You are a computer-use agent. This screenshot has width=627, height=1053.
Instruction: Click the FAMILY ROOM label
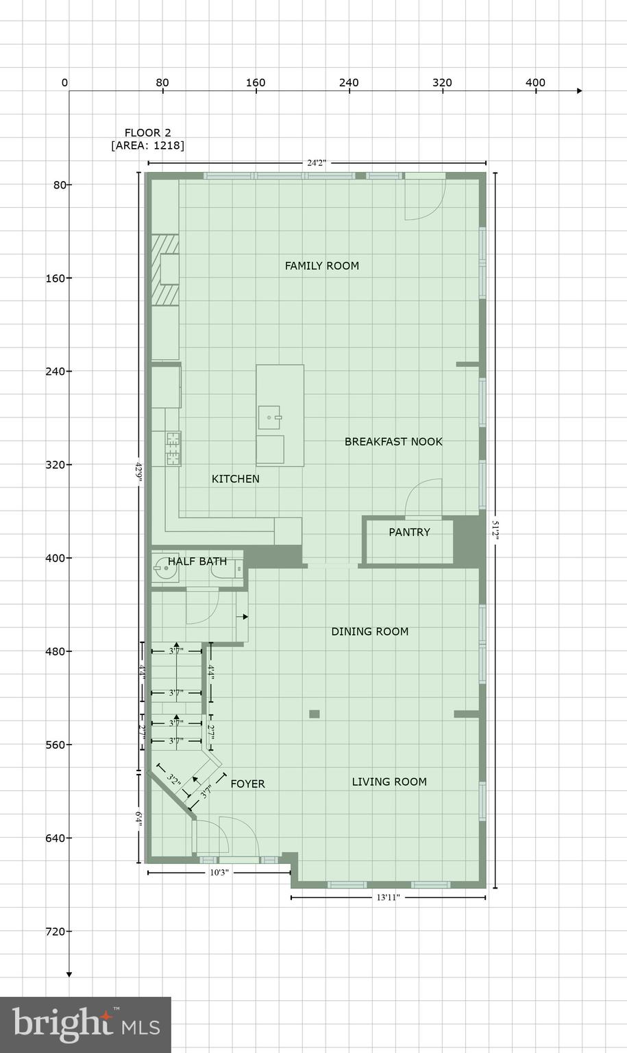click(321, 266)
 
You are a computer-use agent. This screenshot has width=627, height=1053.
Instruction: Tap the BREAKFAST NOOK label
click(393, 442)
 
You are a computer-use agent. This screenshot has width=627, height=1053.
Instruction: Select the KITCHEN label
click(235, 479)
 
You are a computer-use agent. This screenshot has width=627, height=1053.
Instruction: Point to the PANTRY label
click(409, 532)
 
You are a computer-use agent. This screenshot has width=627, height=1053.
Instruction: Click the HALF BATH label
click(197, 561)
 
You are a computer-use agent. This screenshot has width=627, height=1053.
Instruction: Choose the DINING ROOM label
click(369, 631)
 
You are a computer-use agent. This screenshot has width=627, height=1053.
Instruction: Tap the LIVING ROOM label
click(389, 782)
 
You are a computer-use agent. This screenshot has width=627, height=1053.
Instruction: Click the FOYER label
click(247, 784)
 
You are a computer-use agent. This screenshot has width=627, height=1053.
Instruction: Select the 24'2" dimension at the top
click(317, 163)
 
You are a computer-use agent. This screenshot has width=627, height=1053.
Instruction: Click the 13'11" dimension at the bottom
click(388, 897)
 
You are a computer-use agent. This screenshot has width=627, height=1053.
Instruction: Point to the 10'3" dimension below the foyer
click(219, 873)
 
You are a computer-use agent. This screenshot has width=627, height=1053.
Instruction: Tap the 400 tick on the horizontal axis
click(535, 84)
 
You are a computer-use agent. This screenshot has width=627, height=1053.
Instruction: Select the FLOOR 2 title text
click(147, 133)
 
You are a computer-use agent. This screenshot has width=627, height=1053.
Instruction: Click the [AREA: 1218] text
click(147, 145)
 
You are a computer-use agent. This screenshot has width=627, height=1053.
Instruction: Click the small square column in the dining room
click(315, 714)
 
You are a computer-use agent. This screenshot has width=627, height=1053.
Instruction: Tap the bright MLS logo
click(86, 1024)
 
